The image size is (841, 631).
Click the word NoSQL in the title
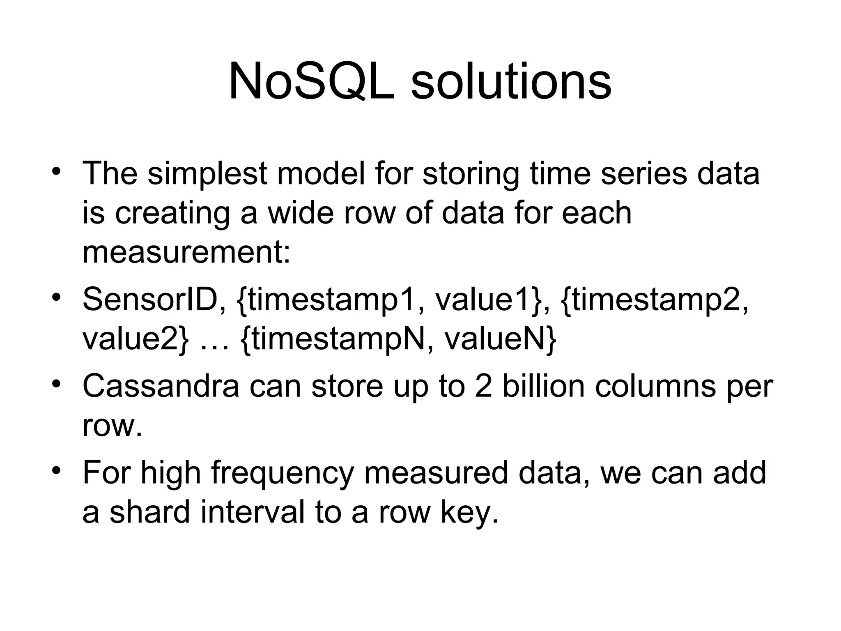(311, 82)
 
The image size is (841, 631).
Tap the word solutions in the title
(511, 82)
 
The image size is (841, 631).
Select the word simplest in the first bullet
(207, 174)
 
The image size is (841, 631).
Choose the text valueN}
(501, 339)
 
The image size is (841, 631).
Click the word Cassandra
(161, 386)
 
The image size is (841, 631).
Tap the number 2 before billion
(483, 386)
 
